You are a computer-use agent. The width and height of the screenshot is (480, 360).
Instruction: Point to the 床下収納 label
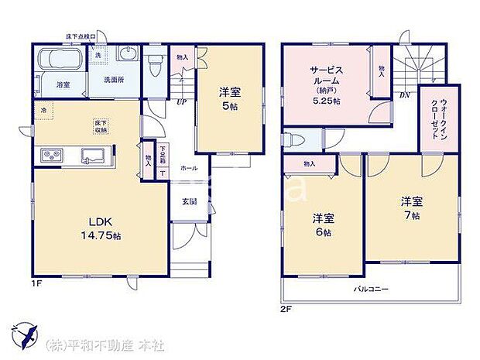pos(101,127)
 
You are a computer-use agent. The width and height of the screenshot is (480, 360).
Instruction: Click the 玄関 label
pos(189,201)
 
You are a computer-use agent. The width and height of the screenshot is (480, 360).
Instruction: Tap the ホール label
pos(188,168)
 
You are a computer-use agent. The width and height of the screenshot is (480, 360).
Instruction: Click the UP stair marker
pos(182,101)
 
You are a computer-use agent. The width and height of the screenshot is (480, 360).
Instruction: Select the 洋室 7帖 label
pos(410,207)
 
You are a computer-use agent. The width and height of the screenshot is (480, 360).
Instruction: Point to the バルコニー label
pos(371,289)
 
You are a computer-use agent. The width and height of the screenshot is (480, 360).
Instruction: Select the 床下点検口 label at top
pos(81,36)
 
